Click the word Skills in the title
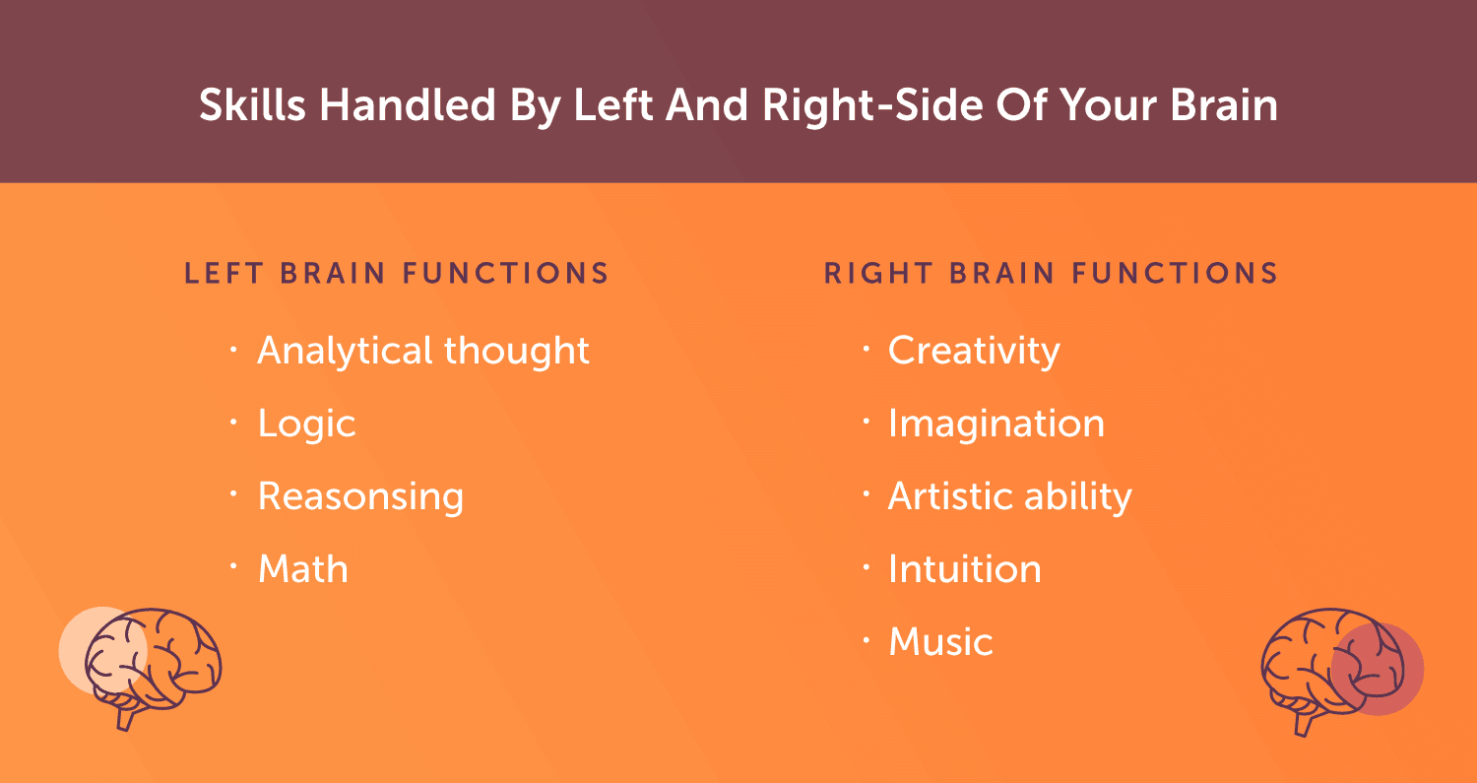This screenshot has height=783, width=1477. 252,105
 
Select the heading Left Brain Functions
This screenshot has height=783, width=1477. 396,273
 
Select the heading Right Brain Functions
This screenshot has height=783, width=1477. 1051,273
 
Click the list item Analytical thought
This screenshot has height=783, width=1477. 423,351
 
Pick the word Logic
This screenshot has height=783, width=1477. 306,424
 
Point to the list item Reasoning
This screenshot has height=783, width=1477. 360,496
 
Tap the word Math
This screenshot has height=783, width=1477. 302,568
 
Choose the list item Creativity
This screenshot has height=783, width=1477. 974,351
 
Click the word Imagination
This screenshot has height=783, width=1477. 996,424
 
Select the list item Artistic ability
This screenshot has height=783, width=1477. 1010,496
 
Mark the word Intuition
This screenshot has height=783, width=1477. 965,568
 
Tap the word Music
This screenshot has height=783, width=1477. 941,642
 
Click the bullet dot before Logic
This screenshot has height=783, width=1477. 233,421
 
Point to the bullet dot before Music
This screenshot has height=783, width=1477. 867,639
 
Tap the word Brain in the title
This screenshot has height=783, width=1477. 1224,105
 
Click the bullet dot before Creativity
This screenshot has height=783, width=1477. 867,349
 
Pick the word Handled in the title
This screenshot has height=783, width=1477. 407,105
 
